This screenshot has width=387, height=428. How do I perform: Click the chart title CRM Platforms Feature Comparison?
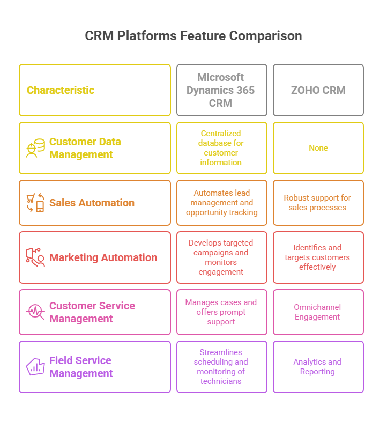(x=193, y=36)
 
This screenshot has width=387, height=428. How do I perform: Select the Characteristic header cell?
(x=95, y=90)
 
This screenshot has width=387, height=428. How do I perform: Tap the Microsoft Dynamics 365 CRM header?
(x=222, y=90)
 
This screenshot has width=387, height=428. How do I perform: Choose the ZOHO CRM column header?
(x=318, y=90)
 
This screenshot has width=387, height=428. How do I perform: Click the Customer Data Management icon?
(x=35, y=148)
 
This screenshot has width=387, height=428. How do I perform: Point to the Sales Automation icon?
(x=35, y=203)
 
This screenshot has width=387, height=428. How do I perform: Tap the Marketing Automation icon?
(x=35, y=257)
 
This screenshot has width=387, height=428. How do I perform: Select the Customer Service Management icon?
(x=35, y=312)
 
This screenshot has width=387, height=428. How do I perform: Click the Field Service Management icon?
(x=35, y=367)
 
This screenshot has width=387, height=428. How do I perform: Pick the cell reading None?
(x=318, y=148)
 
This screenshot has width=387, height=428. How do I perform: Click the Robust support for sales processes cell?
(x=318, y=203)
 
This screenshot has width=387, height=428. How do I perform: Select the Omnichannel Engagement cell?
(x=318, y=312)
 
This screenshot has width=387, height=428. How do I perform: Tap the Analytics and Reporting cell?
(x=318, y=367)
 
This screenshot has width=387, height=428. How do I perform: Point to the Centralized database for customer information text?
(x=221, y=148)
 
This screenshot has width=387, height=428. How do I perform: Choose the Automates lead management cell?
(x=222, y=203)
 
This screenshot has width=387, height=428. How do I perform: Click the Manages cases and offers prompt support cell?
(x=222, y=312)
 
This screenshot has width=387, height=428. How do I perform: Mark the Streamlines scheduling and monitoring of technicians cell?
(x=222, y=367)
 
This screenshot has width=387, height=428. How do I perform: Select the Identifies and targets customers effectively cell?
(x=318, y=257)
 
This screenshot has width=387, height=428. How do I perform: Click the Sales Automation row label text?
(x=92, y=203)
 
